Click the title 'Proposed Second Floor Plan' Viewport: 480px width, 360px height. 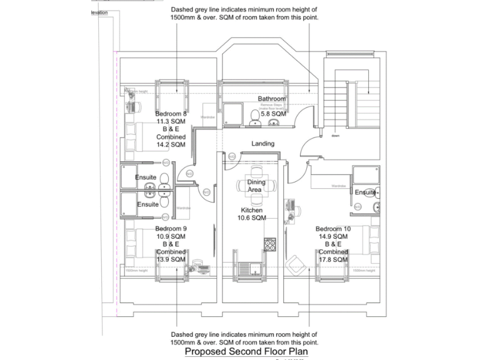(246, 352)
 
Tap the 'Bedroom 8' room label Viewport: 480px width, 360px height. (171, 114)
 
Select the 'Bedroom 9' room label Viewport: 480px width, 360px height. (171, 229)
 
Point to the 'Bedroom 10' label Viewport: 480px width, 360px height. (332, 229)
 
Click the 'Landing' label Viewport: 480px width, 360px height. (263, 144)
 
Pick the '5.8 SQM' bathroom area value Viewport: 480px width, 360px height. (273, 114)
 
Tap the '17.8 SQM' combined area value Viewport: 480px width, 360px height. (332, 259)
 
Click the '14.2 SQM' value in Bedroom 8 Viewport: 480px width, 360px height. (171, 144)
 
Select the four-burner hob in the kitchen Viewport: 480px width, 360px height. (271, 244)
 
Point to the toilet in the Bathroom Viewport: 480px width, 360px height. (254, 116)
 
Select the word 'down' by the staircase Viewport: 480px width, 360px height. (336, 135)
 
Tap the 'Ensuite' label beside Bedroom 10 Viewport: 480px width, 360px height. (365, 192)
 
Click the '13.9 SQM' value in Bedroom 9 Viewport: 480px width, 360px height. (171, 259)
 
